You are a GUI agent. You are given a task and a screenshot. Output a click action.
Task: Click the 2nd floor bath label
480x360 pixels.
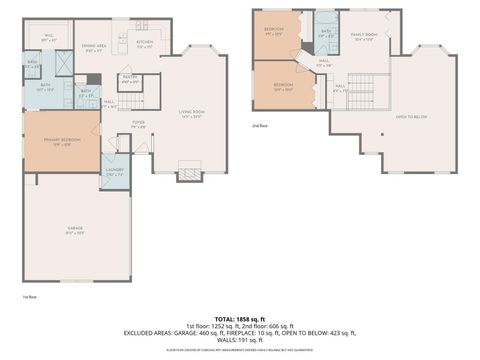[325, 33]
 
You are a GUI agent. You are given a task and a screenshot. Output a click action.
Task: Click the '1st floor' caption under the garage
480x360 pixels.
[29, 297]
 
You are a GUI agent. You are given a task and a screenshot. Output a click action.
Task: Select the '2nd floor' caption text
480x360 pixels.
[260, 125]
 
